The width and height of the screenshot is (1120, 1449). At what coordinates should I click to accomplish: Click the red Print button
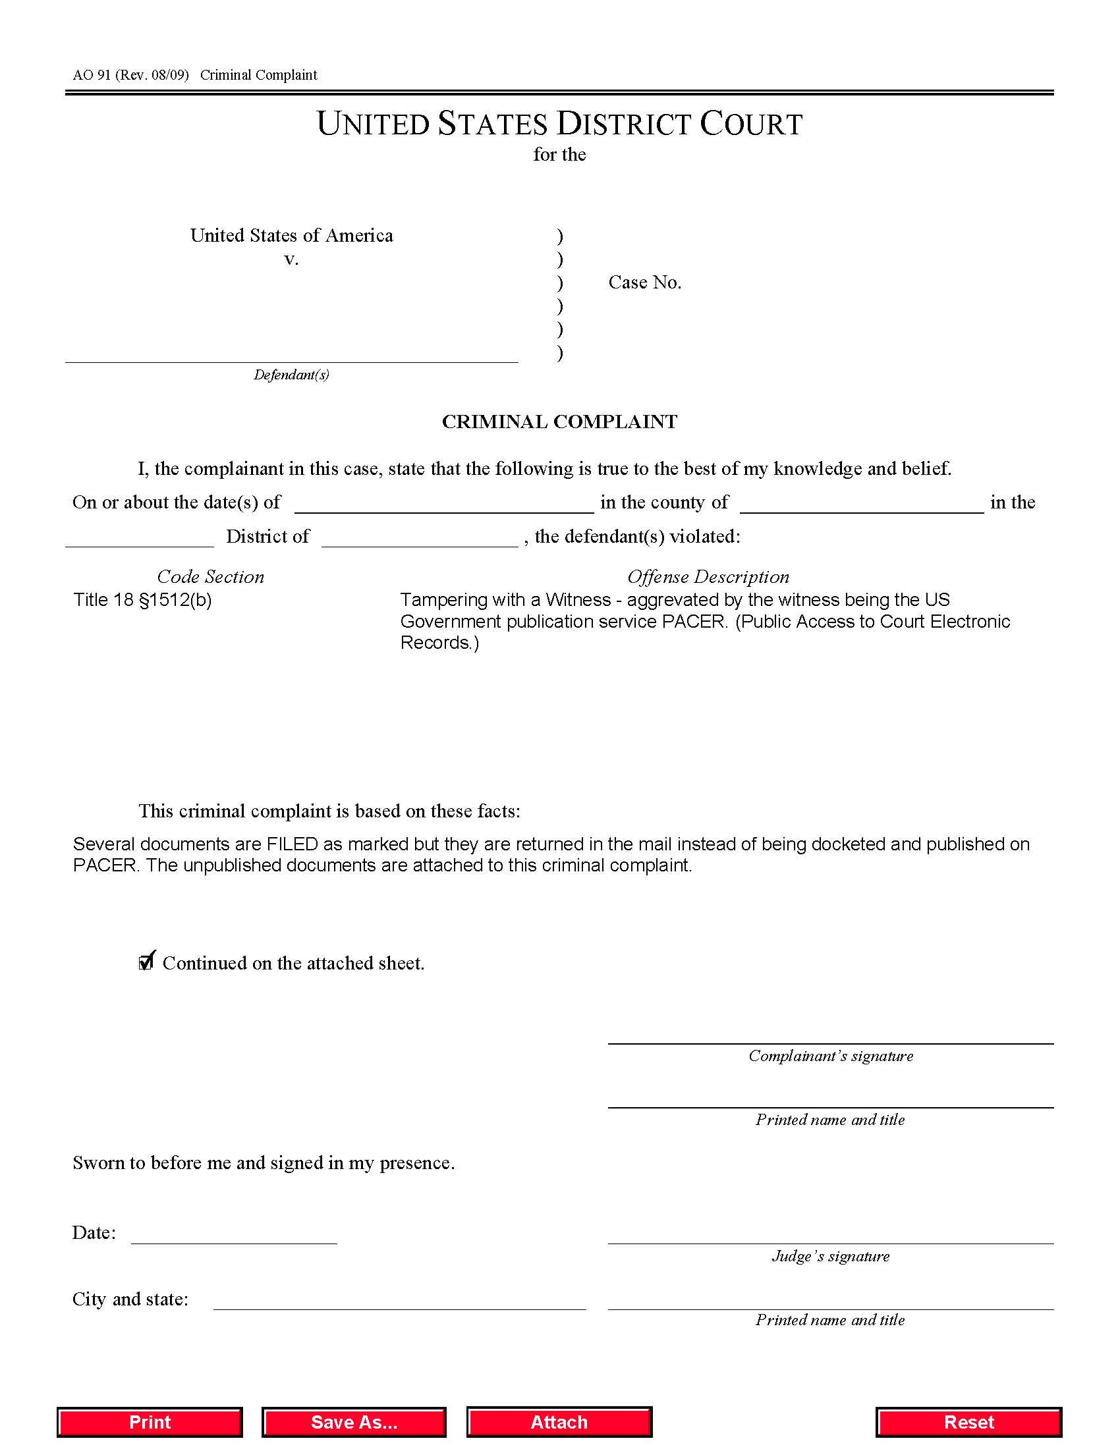point(150,1422)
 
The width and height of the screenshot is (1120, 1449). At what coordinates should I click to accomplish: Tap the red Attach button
point(559,1422)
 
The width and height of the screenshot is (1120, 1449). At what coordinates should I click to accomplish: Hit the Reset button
point(968,1422)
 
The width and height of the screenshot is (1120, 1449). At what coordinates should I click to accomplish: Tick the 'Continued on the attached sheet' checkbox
point(146,962)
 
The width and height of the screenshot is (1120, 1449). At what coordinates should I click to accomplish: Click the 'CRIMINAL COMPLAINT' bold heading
point(559,422)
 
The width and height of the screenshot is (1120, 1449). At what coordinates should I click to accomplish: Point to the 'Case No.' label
point(645,283)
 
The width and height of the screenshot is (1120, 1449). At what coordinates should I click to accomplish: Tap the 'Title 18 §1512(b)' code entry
point(143,600)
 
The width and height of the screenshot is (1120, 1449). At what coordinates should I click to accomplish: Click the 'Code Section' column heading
point(210,576)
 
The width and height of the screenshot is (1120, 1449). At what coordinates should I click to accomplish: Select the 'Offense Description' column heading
point(708,576)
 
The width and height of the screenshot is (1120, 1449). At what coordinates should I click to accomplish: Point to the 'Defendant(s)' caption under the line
point(291,375)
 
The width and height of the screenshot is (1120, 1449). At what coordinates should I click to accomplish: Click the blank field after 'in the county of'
point(861,505)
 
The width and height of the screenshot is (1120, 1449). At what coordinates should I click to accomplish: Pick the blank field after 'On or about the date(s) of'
point(444,505)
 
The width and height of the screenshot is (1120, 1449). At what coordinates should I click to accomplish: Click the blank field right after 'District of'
point(419,538)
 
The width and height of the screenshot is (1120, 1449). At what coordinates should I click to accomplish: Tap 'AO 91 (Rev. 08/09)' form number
point(130,75)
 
